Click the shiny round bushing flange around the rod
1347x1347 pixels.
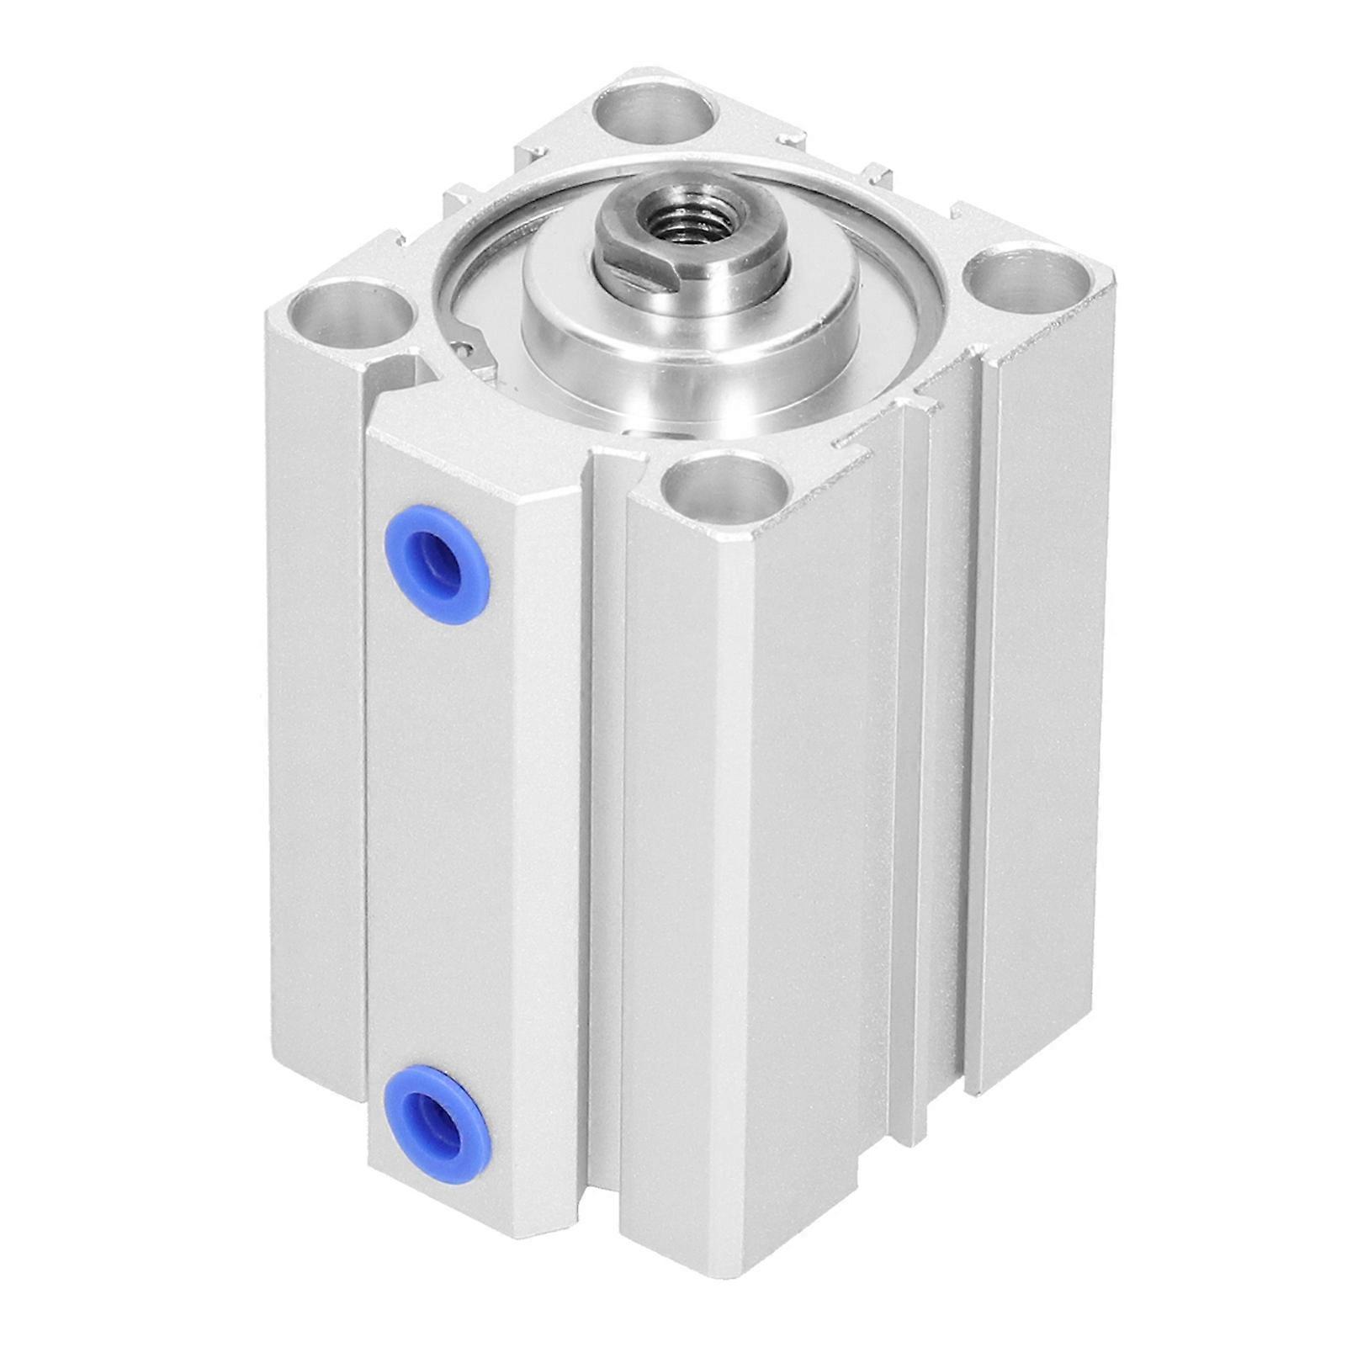[x=690, y=337]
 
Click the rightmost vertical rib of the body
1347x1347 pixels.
[x=1039, y=715]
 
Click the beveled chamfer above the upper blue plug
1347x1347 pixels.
[x=471, y=459]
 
